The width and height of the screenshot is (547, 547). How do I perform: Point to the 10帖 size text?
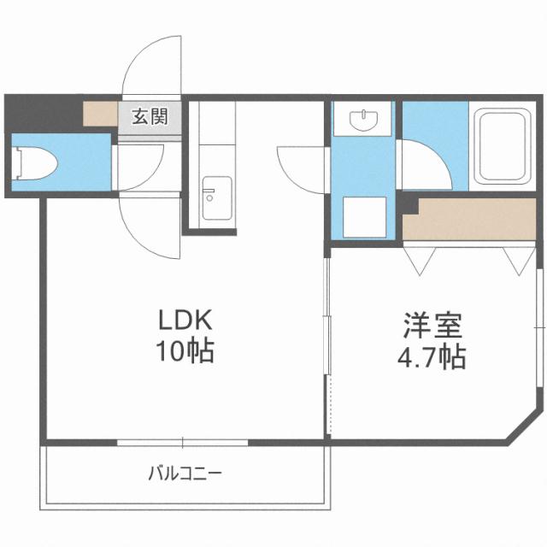(184, 350)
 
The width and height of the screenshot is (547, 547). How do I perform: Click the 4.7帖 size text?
(432, 356)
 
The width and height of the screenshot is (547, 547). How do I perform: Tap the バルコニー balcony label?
(185, 472)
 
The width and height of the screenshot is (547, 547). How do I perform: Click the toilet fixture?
(35, 162)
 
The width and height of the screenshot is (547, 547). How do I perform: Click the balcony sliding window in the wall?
(182, 442)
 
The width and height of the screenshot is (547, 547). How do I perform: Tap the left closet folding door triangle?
(420, 259)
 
